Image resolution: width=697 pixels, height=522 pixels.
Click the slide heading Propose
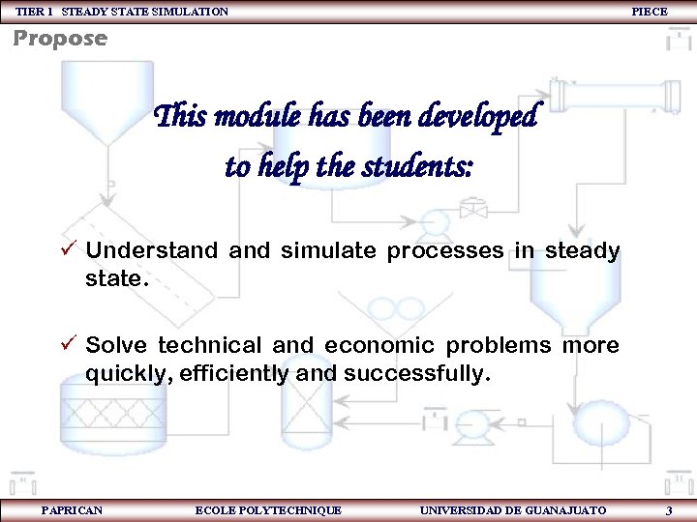[x=60, y=40]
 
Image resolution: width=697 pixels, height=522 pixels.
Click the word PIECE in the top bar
[x=649, y=11]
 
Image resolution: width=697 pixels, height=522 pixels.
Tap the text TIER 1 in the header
[x=34, y=11]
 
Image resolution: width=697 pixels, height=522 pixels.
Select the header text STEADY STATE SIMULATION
[x=145, y=11]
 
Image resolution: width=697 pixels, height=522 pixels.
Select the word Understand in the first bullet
[x=151, y=251]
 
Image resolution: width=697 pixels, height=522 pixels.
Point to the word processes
[x=445, y=251]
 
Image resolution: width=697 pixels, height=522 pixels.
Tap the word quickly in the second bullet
[x=123, y=373]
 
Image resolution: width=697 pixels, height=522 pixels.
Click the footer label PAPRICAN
[x=72, y=509]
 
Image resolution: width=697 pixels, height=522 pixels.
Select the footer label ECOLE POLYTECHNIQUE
[x=268, y=509]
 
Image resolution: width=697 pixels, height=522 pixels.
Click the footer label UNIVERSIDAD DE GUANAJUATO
[x=513, y=509]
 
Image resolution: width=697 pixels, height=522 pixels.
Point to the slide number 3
[x=669, y=509]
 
